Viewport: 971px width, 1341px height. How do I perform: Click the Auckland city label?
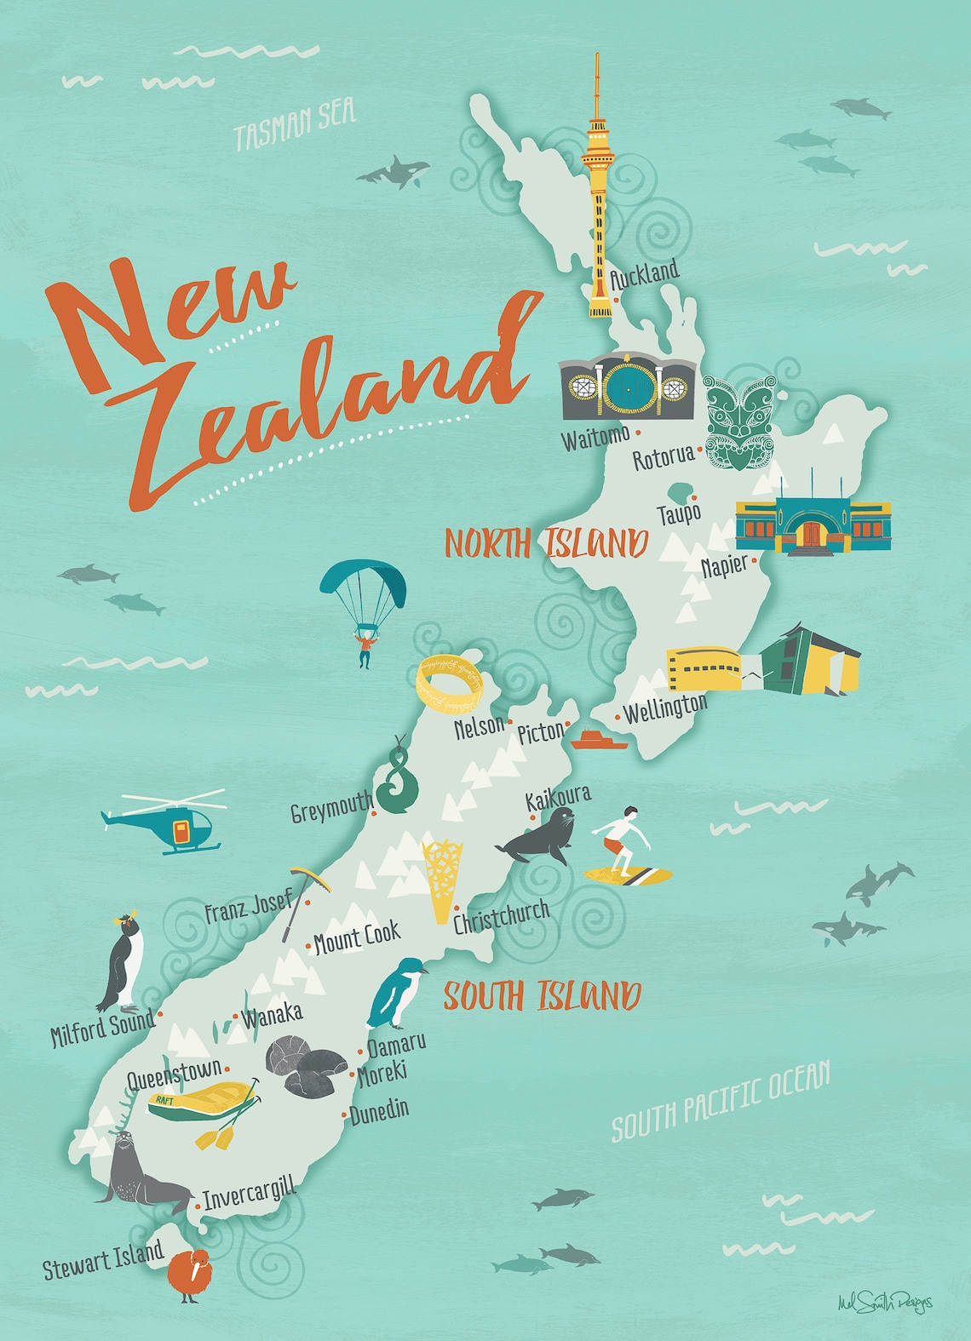click(646, 274)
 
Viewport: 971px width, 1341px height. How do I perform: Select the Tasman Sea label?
click(295, 124)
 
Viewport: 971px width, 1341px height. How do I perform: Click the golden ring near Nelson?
click(450, 680)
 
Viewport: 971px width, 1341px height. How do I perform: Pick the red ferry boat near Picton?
click(599, 739)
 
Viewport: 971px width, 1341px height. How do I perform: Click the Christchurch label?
click(501, 916)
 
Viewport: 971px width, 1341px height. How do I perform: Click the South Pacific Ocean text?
click(721, 1102)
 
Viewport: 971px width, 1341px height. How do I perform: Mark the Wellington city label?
click(665, 708)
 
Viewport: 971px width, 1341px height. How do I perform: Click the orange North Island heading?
click(546, 543)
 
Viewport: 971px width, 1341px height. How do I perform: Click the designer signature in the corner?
click(884, 1302)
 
